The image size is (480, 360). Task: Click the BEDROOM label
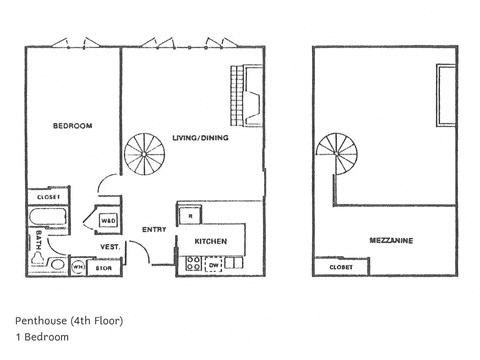point(72,126)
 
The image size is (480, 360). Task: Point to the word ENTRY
point(154,229)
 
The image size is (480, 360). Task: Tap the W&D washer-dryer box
point(108,220)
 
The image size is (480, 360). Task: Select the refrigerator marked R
point(190,215)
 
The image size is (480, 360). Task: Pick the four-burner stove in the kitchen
point(193,264)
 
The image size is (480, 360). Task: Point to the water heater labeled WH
point(78,267)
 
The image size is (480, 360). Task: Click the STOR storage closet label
point(102,267)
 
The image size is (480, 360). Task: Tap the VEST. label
point(110,246)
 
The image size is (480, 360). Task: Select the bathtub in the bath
point(48,217)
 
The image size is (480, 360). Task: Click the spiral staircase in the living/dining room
point(145,156)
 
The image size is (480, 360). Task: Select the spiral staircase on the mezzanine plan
point(337,156)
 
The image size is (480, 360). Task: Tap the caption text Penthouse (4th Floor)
point(70,321)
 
